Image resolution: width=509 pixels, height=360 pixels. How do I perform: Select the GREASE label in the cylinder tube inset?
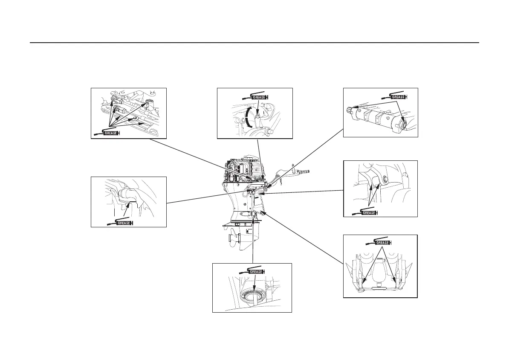point(398,97)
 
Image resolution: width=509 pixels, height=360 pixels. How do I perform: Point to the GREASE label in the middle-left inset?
point(124,223)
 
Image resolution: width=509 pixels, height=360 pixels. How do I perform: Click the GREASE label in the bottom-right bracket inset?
point(382,243)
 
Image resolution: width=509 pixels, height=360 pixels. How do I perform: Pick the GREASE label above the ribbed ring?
point(256,272)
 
